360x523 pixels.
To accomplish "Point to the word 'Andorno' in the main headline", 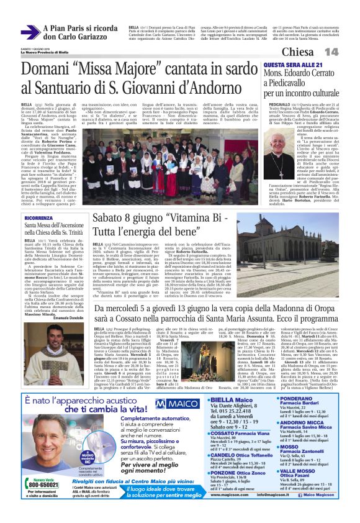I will click(x=217, y=87).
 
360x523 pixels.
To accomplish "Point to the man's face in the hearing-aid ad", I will click(x=65, y=438).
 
